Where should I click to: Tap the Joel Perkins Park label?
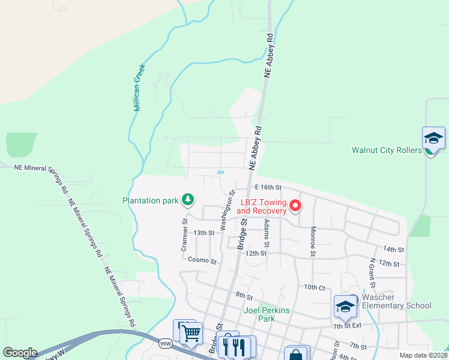pyautogui.click(x=267, y=314)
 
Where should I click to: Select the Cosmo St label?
pyautogui.click(x=202, y=260)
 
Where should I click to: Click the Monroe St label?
pyautogui.click(x=313, y=241)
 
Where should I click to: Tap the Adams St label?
pyautogui.click(x=267, y=233)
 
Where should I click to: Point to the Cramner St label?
pyautogui.click(x=185, y=235)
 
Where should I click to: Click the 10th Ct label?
pyautogui.click(x=314, y=287)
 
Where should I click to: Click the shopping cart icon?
pyautogui.click(x=191, y=333)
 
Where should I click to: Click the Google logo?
pyautogui.click(x=20, y=353)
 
